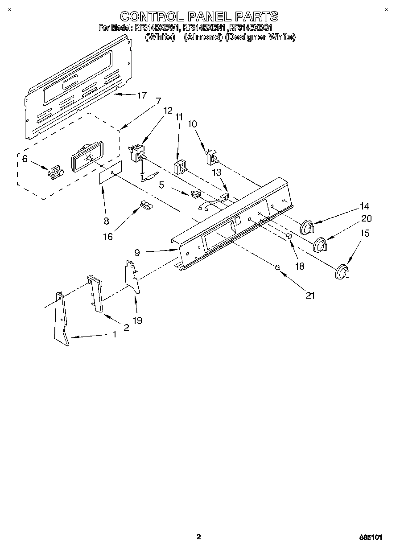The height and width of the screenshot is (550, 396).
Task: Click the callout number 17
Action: tap(142, 95)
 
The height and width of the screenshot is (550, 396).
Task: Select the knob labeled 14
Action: tap(307, 227)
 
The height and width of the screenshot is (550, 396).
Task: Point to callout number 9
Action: tap(137, 252)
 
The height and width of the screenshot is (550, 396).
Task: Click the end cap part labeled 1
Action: tap(62, 318)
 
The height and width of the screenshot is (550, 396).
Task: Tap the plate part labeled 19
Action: tap(132, 277)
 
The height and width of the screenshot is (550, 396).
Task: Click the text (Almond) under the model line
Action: tap(203, 38)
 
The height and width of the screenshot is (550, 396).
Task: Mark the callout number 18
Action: tap(300, 266)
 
